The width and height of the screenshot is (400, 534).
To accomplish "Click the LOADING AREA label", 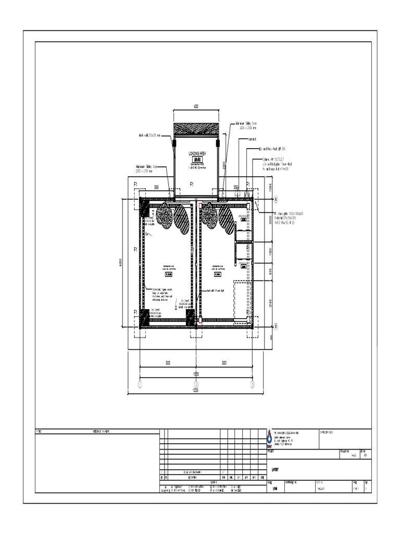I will (x=195, y=154).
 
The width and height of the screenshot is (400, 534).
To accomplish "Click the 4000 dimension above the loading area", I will (x=196, y=107).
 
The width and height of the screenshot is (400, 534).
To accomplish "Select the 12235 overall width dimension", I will (x=196, y=390).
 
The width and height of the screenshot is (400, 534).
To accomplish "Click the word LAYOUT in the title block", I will (x=276, y=469).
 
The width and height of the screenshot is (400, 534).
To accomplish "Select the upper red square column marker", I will (x=200, y=207).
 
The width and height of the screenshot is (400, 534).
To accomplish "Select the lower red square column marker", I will (x=200, y=320).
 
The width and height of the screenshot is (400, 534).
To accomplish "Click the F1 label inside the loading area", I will (x=192, y=184).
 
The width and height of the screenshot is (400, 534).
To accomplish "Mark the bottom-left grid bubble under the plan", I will (x=140, y=384).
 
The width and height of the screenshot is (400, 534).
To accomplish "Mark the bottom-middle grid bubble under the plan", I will (x=196, y=384).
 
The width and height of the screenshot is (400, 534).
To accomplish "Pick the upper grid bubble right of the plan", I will (x=277, y=199).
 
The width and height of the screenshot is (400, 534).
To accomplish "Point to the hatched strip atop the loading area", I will (x=196, y=129).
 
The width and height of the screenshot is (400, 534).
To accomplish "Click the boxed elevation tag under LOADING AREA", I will (x=195, y=160).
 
